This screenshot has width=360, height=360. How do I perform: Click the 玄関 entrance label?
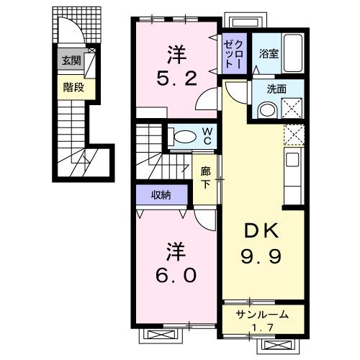(71, 61)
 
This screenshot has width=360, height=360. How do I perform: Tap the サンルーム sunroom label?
(263, 314)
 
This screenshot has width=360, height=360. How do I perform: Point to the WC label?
(207, 135)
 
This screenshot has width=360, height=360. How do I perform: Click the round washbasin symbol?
(266, 110)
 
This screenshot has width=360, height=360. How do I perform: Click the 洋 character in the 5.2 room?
(176, 53)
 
